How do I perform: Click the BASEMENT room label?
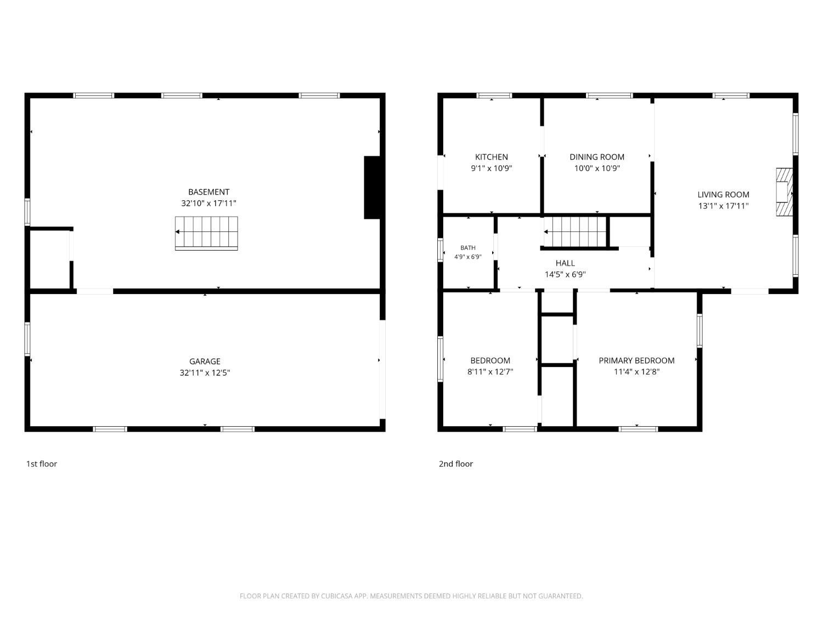point(208,192)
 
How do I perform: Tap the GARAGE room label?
point(205,361)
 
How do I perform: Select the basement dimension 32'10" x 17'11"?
point(208,203)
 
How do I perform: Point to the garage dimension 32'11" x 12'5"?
point(205,372)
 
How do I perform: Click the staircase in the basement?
point(206,233)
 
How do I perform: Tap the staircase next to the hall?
point(575,232)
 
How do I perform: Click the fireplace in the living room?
point(784,192)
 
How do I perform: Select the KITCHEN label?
point(491,157)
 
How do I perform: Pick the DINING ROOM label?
point(597,157)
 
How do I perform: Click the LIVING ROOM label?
point(723,195)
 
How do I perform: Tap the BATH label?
point(467,248)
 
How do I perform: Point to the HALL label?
point(565,263)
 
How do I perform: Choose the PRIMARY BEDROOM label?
point(636,360)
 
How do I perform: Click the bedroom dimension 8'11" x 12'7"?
point(490,372)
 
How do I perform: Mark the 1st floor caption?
point(41,464)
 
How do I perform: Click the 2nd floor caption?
point(455,464)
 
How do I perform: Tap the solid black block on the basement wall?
point(372,188)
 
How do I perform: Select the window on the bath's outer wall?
point(440,250)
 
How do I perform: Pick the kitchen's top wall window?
point(494,95)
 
